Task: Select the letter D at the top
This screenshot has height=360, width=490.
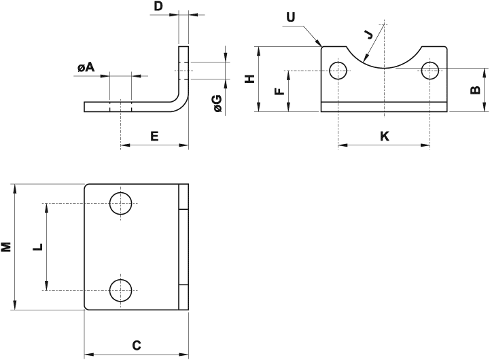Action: point(158,7)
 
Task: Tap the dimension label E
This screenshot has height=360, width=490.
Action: point(154,137)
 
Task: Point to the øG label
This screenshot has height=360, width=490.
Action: point(217,103)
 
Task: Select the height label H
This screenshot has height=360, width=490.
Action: point(249,79)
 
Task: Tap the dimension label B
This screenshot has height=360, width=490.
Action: point(476,89)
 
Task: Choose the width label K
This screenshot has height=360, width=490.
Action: point(384,137)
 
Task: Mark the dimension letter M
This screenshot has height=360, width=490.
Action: point(6,247)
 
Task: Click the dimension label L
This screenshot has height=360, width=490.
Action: point(38,247)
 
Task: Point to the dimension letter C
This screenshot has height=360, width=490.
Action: point(136,346)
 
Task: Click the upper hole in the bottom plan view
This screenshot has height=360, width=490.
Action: point(121,203)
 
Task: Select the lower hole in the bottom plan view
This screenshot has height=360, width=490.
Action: point(121,290)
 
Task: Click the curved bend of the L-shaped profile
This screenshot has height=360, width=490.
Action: point(181,104)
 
